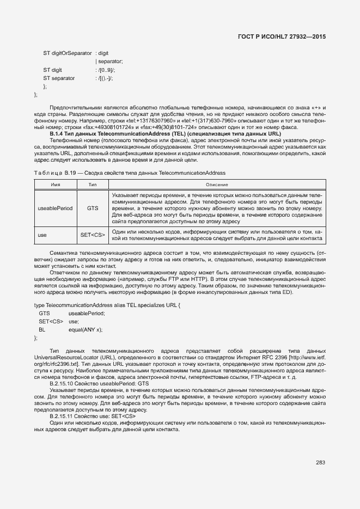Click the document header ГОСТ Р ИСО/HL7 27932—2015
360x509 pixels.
[282, 36]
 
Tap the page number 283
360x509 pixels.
[320, 463]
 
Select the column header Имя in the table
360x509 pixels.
[55, 185]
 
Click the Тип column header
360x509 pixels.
[93, 185]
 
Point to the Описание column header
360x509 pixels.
[217, 185]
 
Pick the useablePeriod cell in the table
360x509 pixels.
[55, 208]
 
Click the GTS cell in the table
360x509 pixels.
[93, 208]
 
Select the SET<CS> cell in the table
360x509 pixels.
[93, 235]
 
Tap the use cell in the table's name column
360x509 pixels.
[42, 235]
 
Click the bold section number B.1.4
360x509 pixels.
[57, 134]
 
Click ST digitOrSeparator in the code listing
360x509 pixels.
[68, 53]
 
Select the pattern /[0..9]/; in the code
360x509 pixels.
[105, 70]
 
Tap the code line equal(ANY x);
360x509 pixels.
[86, 330]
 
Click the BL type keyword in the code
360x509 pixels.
[42, 330]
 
